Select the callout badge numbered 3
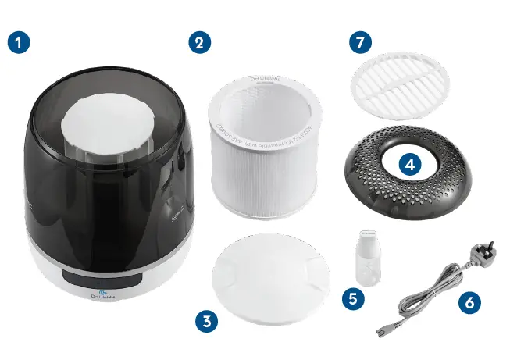(x=206, y=319)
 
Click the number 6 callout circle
(x=469, y=301)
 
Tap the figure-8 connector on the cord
(x=383, y=329)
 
